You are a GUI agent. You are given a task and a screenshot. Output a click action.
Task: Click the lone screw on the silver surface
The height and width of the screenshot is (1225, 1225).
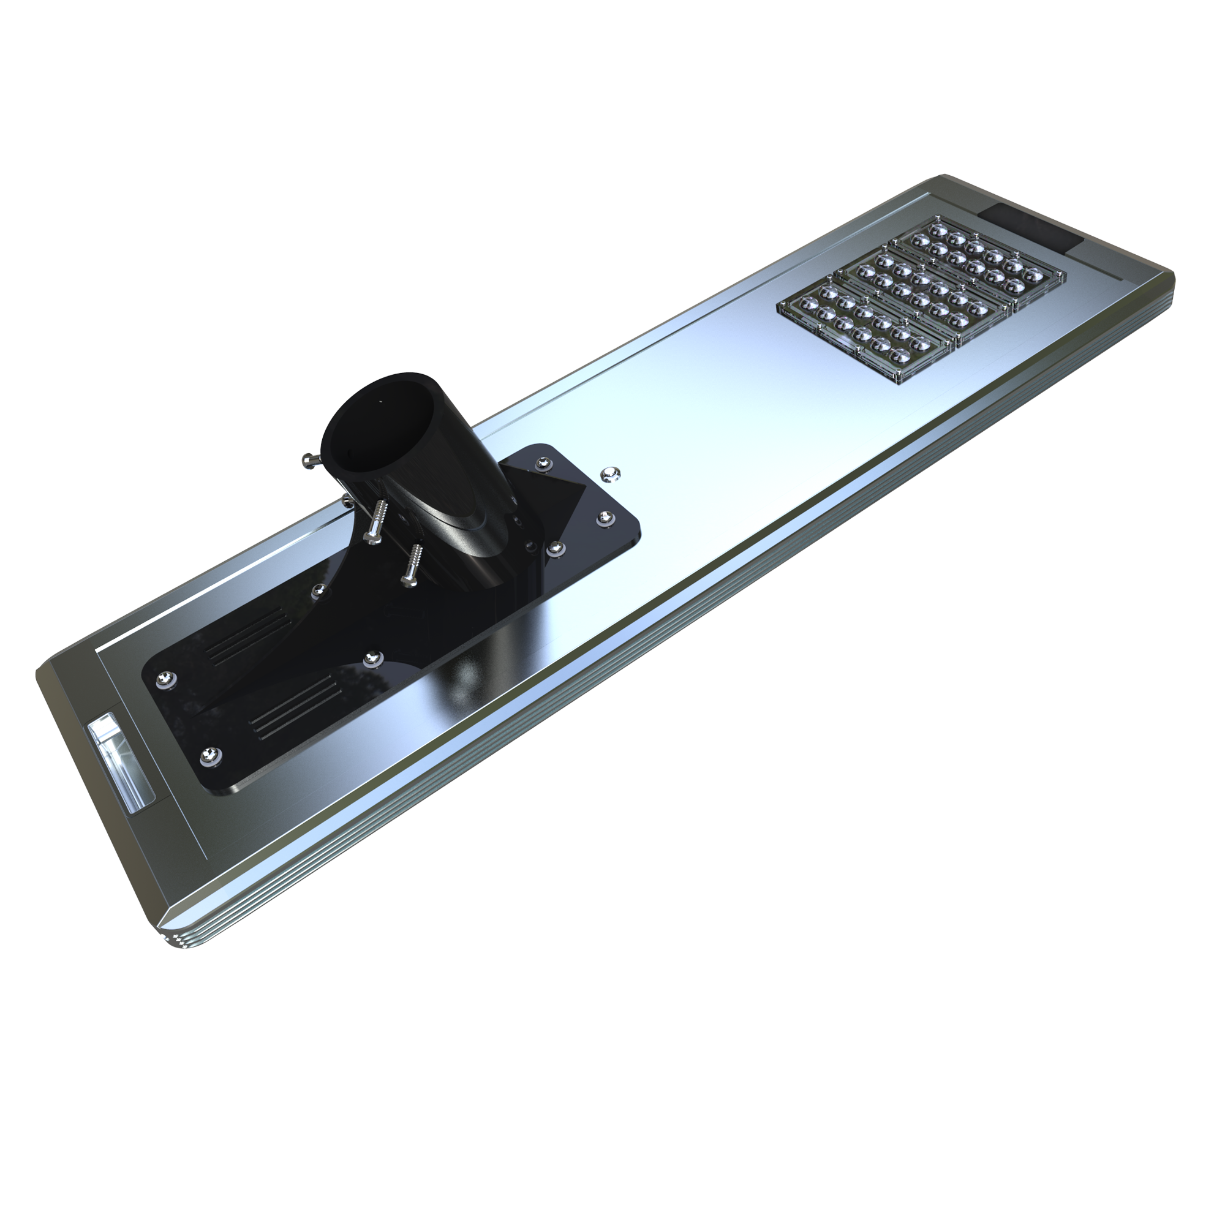pos(611,472)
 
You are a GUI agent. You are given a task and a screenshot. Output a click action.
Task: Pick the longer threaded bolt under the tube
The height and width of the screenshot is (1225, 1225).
pos(378,521)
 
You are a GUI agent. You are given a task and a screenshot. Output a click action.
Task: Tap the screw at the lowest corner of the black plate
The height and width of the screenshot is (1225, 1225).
pos(211,755)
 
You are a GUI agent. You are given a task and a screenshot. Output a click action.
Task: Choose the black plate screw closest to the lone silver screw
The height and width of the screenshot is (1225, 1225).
pos(545,465)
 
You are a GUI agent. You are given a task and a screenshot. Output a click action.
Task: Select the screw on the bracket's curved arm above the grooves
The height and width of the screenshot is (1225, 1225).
pos(319,591)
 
